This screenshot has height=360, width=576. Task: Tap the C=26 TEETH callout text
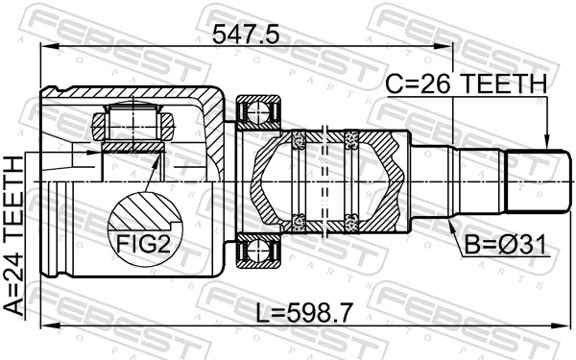click(466, 84)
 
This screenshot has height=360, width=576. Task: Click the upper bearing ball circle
click(257, 113)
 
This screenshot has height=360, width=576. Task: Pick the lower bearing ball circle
click(257, 252)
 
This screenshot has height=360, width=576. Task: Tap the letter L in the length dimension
click(260, 311)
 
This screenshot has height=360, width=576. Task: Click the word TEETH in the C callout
click(501, 84)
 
